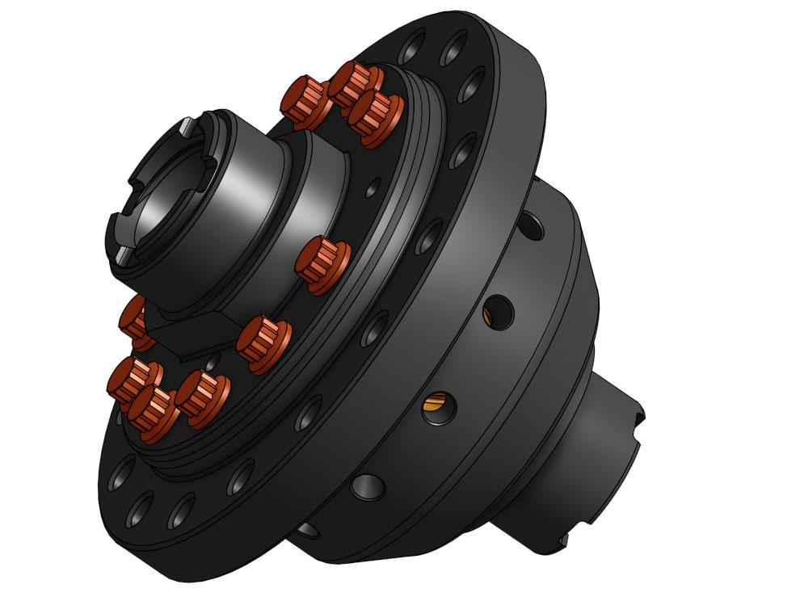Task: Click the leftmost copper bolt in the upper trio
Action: (x=305, y=100)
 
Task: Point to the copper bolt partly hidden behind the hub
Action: (x=133, y=319)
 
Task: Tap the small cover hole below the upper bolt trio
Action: (x=371, y=191)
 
